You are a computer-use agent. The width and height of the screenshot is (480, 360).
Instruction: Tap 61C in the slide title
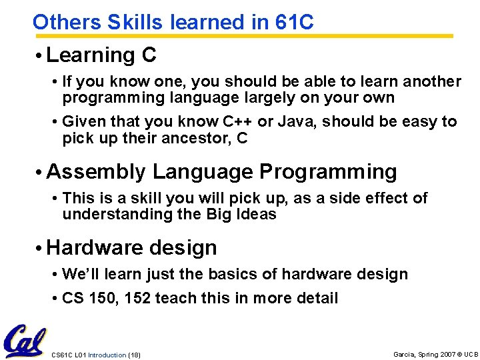pyautogui.click(x=293, y=22)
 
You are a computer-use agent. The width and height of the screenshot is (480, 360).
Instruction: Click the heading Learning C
pyautogui.click(x=101, y=55)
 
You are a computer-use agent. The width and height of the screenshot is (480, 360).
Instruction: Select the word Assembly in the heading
pyautogui.click(x=95, y=171)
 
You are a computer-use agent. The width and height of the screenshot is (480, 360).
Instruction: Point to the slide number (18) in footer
pyautogui.click(x=133, y=354)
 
